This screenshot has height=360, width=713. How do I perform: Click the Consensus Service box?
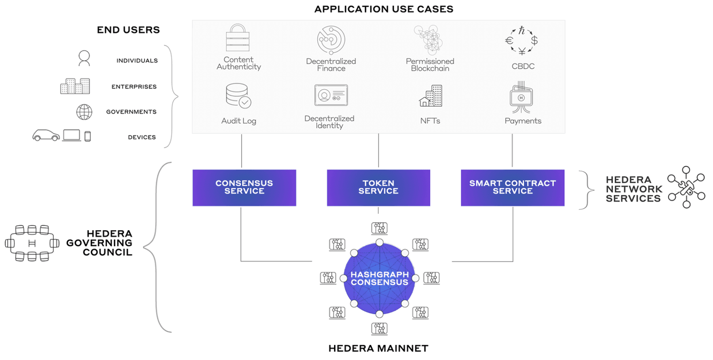coord(244,187)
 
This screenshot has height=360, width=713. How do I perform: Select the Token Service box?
coord(378,187)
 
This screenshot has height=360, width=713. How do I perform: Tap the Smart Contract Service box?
coord(513,187)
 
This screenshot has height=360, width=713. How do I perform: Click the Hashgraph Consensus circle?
coord(379,279)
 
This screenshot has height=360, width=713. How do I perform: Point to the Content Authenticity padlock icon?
coord(239,38)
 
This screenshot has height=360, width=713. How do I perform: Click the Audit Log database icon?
coord(239,96)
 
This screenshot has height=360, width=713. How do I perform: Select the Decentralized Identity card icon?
coord(331,96)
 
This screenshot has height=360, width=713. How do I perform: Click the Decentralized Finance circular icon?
coord(331,40)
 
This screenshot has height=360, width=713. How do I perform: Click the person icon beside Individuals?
coord(84,58)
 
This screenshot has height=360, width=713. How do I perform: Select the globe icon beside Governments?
coord(84,112)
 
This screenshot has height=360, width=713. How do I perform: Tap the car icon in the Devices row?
coord(46,136)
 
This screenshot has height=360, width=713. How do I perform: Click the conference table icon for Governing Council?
coord(32,243)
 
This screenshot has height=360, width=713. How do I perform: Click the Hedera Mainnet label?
coord(378,349)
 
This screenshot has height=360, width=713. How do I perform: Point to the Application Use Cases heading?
coord(384,9)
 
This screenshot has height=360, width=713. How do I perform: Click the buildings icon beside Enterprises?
coord(75,86)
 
